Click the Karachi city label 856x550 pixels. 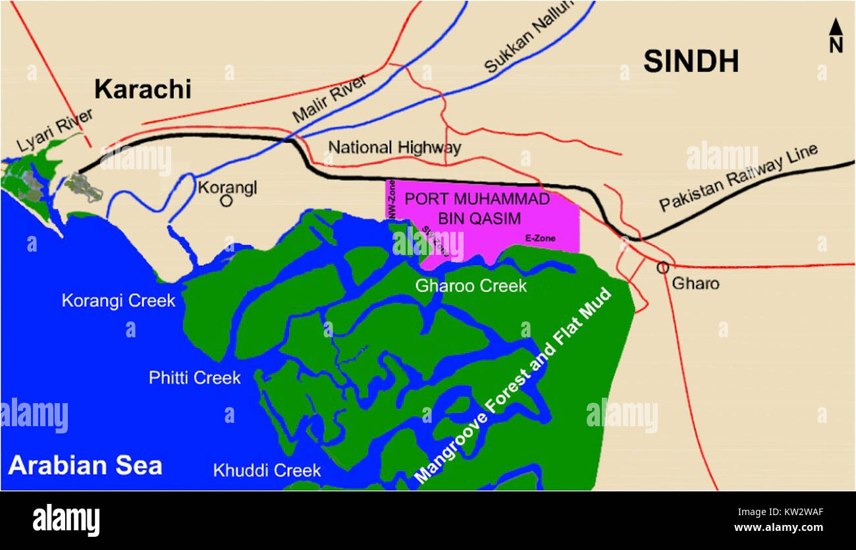pos(142,89)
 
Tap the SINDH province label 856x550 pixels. pos(690,61)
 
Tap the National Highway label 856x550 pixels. pos(394,147)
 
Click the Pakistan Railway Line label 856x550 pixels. pos(739,178)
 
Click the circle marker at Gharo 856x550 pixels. pos(662,267)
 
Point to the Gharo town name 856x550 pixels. pos(695,284)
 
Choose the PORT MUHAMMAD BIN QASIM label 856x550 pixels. pos(477,209)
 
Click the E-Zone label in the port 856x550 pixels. pos(541,238)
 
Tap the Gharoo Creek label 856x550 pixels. pos(471,286)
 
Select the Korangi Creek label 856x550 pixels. pos(119,301)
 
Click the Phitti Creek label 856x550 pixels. pos(194,378)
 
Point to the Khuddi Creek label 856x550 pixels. pos(267,470)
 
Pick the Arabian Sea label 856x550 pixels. pos(85,466)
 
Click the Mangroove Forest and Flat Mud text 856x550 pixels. pos(514,387)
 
